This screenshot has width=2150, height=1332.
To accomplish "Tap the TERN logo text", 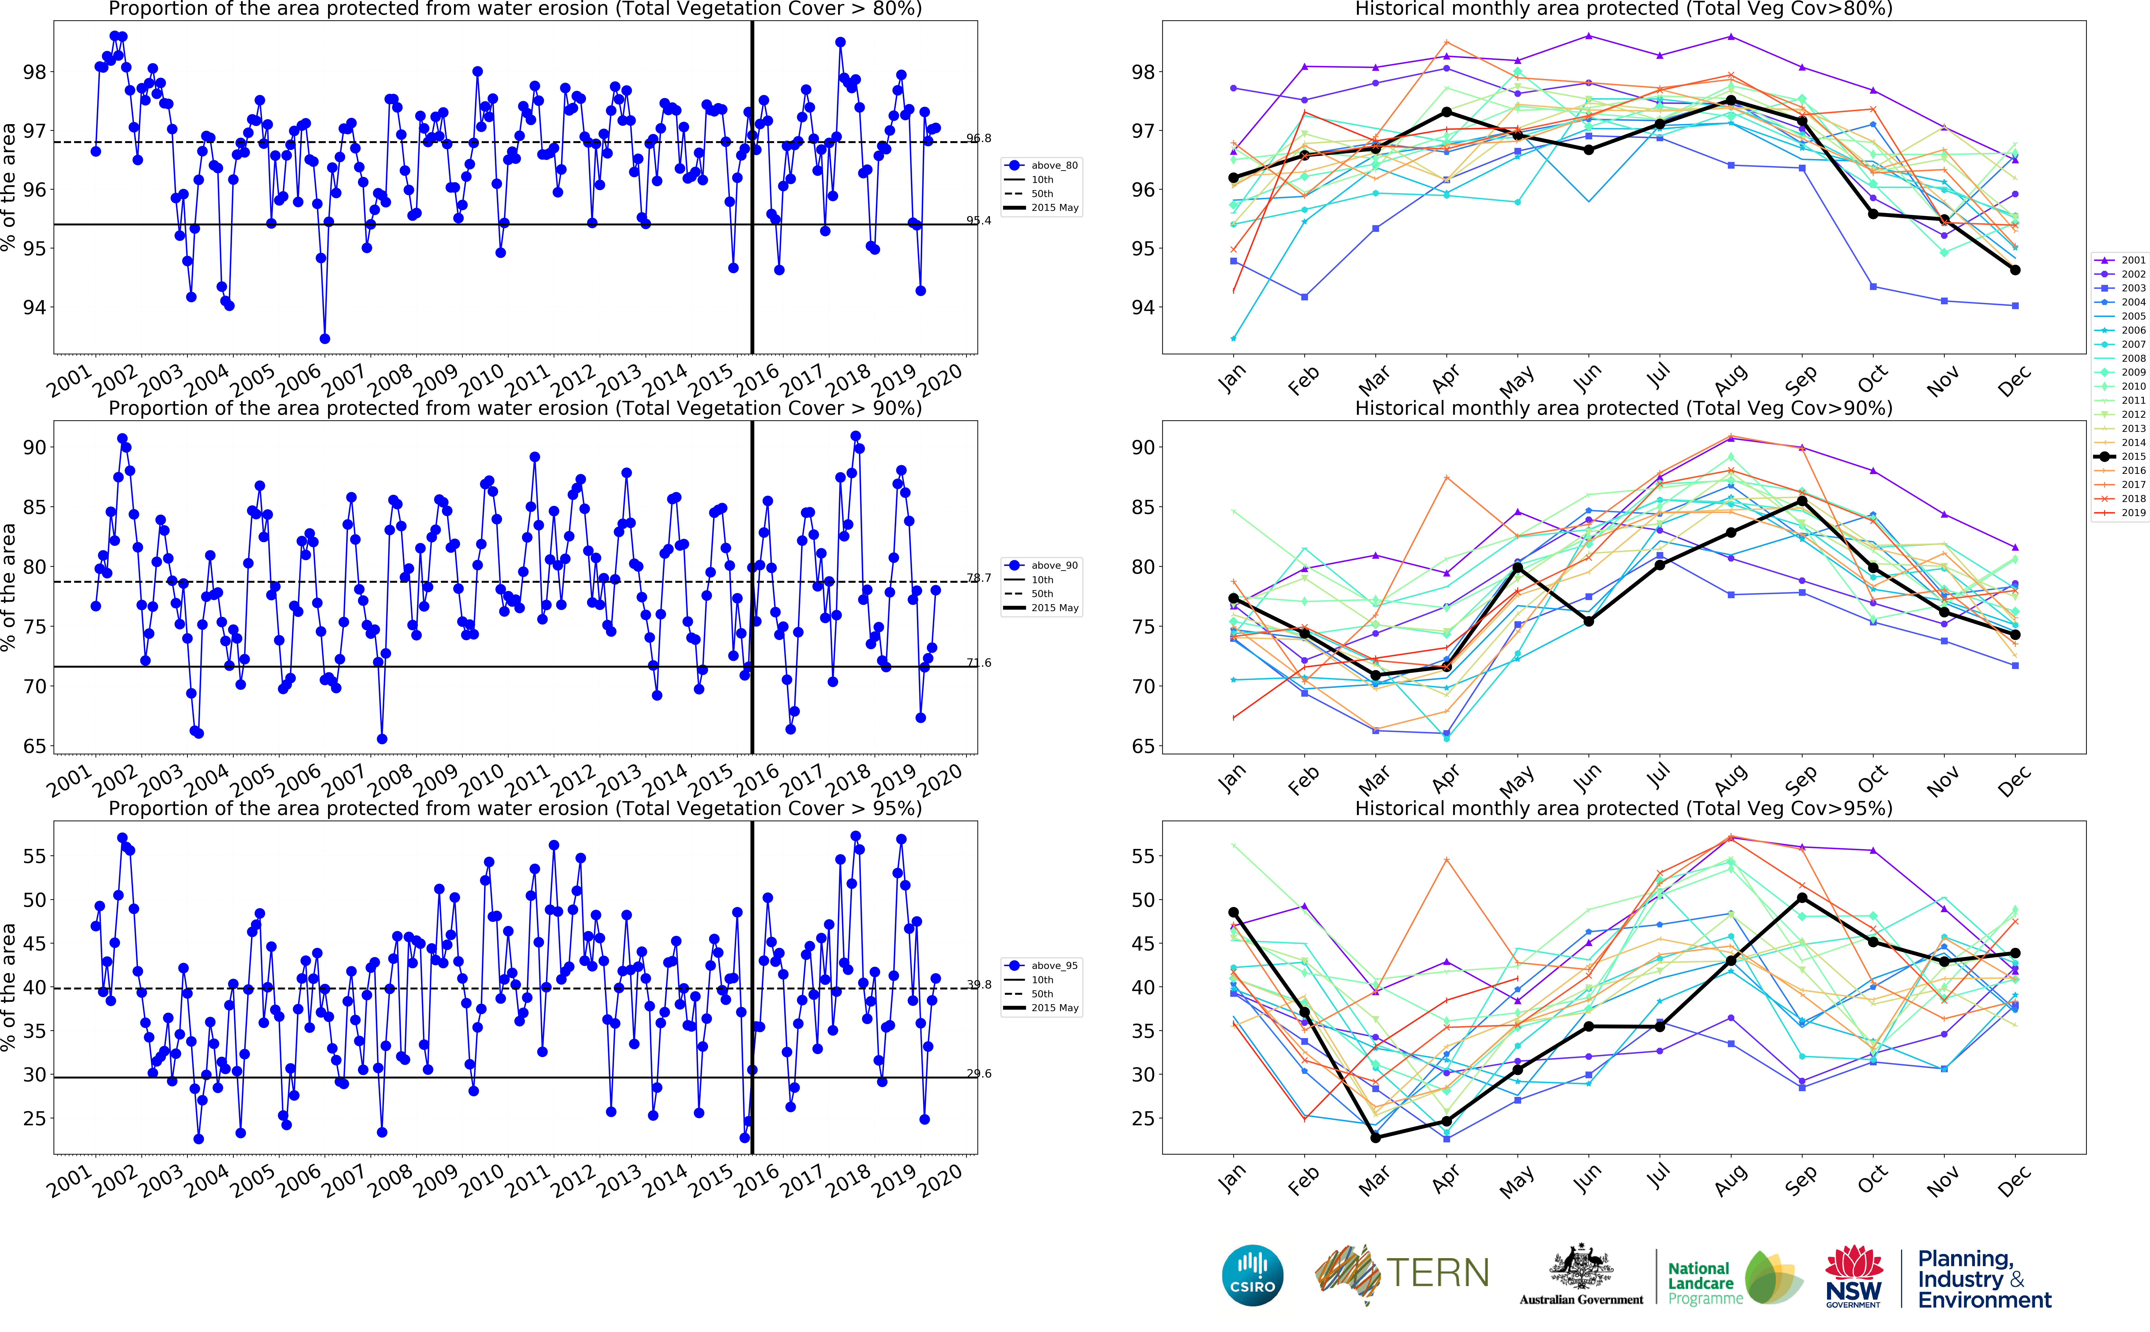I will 1437,1274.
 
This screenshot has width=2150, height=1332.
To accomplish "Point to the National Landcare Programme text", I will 1700,1283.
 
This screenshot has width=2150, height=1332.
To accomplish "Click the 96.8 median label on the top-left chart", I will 979,138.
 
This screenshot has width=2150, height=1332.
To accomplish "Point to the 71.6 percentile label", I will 979,663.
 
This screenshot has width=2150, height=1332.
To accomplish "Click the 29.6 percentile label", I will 979,1073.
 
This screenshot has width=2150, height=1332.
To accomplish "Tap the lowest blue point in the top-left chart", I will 324,338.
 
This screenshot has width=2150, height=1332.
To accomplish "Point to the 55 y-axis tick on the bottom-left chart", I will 33,856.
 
